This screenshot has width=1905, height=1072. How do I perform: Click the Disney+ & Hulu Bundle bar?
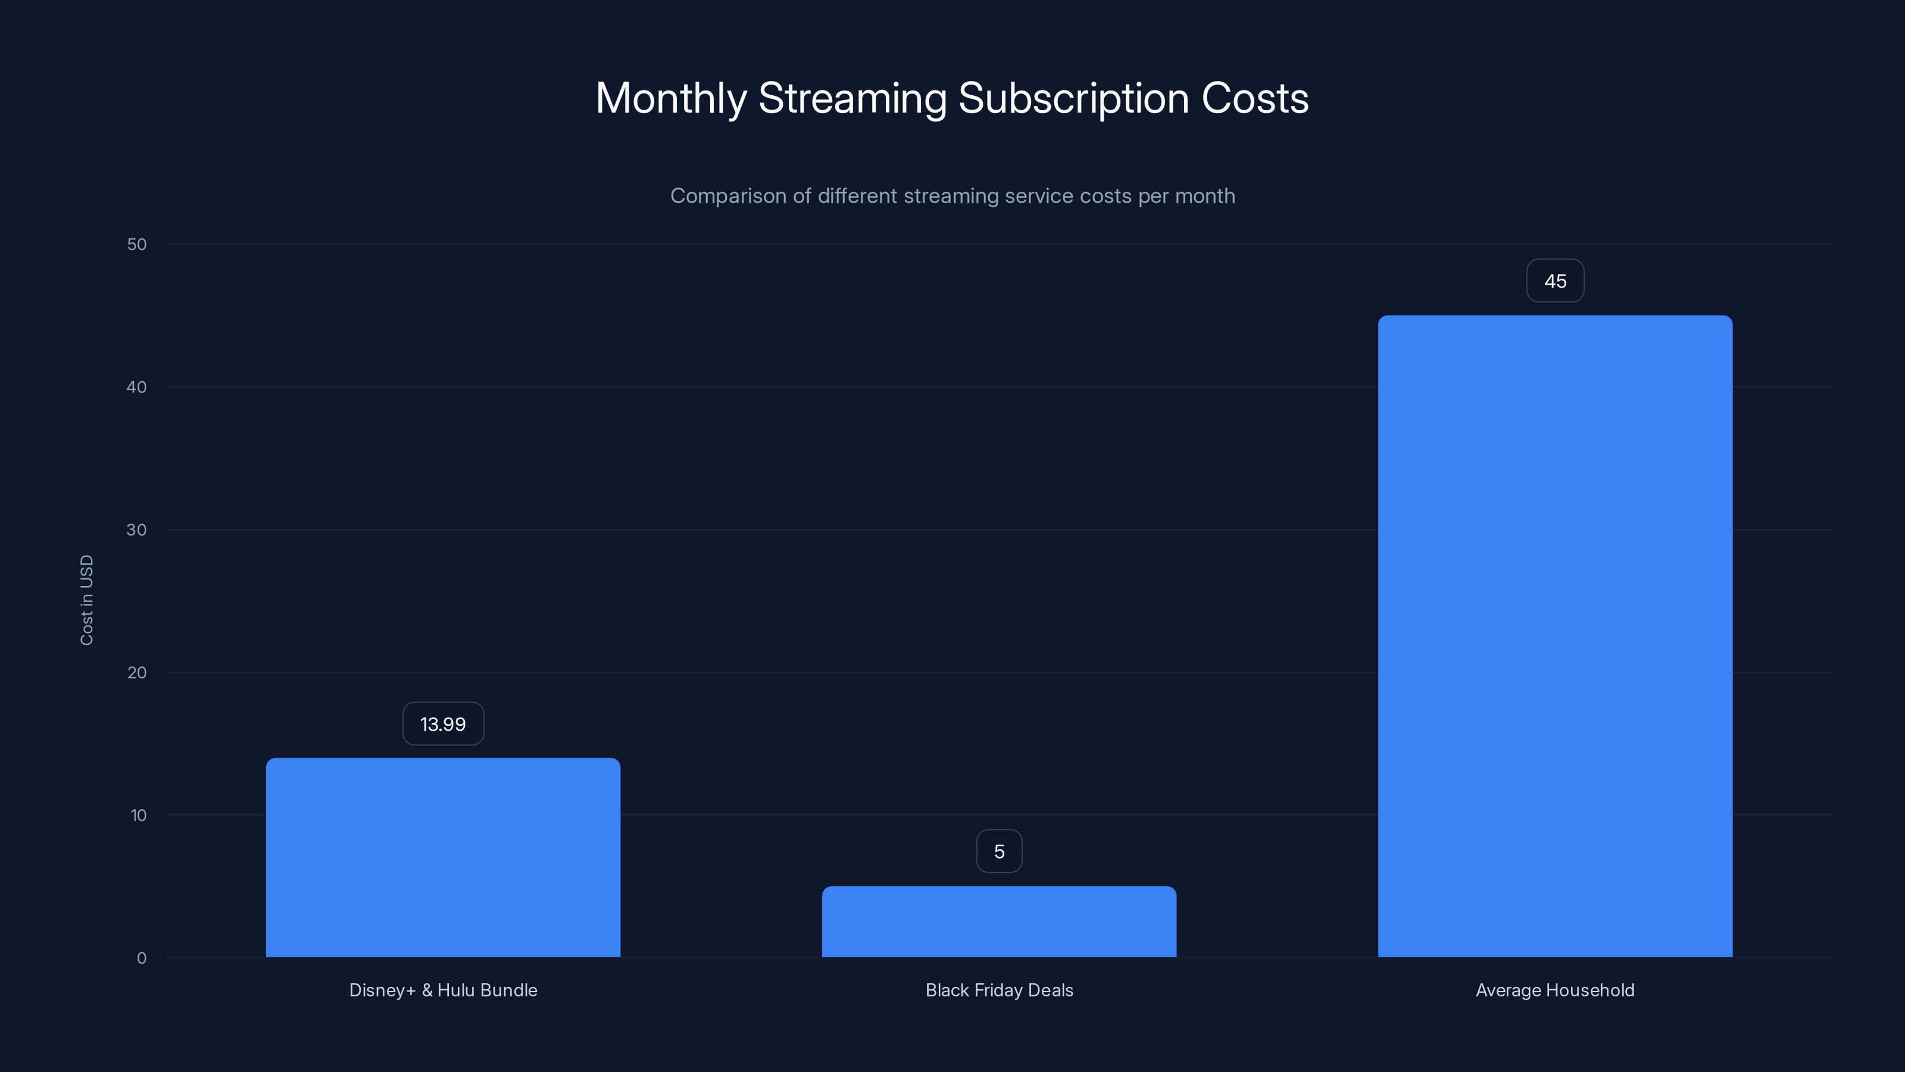443,858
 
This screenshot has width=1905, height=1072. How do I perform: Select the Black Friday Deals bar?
999,922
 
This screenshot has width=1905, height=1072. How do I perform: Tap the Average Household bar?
1555,636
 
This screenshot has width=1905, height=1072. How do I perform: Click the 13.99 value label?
443,724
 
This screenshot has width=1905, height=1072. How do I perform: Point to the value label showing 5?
999,852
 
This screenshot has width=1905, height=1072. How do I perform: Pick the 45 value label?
1555,281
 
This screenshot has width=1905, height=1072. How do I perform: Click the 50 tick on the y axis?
137,245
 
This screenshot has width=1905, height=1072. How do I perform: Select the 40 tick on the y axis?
137,387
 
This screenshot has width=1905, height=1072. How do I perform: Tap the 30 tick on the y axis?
137,529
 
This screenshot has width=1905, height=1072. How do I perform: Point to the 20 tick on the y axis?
137,672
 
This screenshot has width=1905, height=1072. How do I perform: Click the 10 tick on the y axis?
138,815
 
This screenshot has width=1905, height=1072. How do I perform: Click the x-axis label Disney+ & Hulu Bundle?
443,990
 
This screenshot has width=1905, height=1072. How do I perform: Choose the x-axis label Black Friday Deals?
999,990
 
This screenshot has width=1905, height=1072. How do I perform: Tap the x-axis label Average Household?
1555,990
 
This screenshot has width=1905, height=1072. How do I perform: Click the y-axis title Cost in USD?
86,600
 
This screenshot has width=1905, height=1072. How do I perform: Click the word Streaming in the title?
852,98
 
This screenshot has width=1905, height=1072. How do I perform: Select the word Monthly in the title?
671,98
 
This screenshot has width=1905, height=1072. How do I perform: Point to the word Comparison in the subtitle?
729,196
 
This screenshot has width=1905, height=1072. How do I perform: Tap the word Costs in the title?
1255,98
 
